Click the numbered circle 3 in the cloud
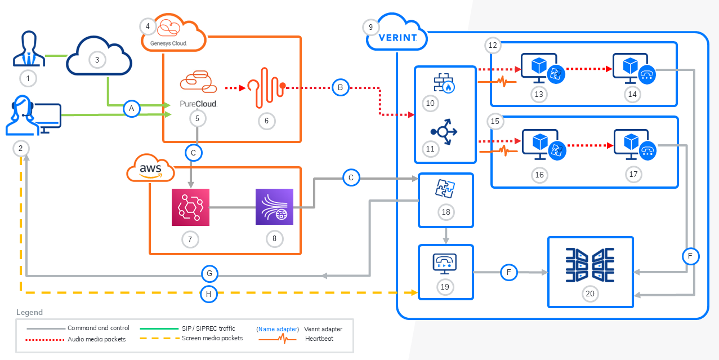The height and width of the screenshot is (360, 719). (97, 59)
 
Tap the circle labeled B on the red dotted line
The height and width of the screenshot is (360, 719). (340, 87)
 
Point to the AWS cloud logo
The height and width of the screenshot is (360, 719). (150, 168)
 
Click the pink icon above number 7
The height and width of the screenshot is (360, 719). (190, 207)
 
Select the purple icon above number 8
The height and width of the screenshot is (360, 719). (274, 207)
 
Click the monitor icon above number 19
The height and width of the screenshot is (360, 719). (445, 263)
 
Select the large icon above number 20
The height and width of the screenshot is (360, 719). (591, 265)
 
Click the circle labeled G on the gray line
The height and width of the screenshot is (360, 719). (209, 274)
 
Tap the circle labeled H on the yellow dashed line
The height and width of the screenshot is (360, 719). (209, 293)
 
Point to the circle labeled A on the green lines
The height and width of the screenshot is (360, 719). (132, 109)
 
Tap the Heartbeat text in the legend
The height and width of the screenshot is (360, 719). (316, 339)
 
